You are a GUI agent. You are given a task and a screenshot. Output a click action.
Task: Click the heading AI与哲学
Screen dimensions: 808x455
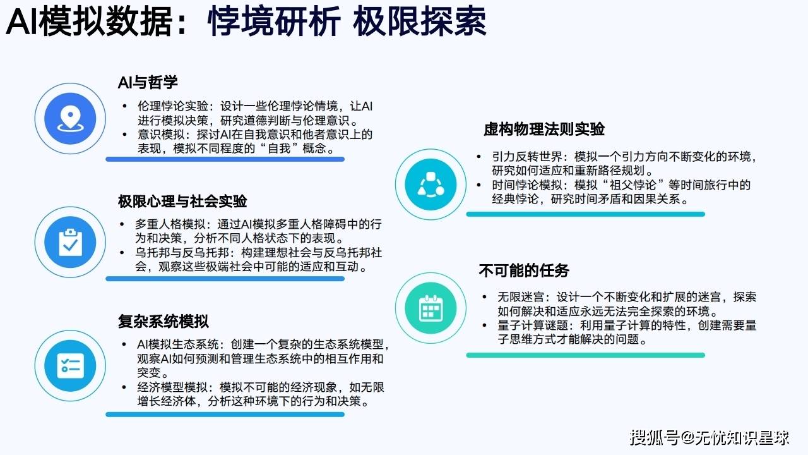[148, 82]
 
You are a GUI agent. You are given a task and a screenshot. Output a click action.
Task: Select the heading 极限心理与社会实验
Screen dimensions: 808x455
[182, 201]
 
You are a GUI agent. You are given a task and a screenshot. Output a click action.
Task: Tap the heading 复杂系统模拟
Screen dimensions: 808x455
[163, 321]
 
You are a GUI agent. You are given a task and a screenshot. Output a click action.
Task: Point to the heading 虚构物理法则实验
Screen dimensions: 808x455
[544, 129]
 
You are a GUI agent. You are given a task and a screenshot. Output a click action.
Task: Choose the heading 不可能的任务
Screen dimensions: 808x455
[524, 270]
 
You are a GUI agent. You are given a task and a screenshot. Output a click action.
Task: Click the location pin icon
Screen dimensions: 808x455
[70, 118]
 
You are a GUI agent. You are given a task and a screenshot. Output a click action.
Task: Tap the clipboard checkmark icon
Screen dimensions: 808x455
[70, 242]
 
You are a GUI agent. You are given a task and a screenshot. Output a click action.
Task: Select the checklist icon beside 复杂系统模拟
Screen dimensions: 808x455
[70, 366]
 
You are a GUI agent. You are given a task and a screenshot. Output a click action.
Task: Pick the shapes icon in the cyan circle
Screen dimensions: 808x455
[431, 185]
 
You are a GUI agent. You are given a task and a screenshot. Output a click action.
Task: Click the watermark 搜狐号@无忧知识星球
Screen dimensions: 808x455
[709, 438]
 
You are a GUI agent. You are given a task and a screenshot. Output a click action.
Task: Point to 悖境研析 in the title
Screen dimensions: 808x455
[274, 21]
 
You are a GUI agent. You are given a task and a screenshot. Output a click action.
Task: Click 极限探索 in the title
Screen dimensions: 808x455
[420, 21]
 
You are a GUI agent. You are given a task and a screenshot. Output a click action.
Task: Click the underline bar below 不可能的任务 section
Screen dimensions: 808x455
[585, 355]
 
